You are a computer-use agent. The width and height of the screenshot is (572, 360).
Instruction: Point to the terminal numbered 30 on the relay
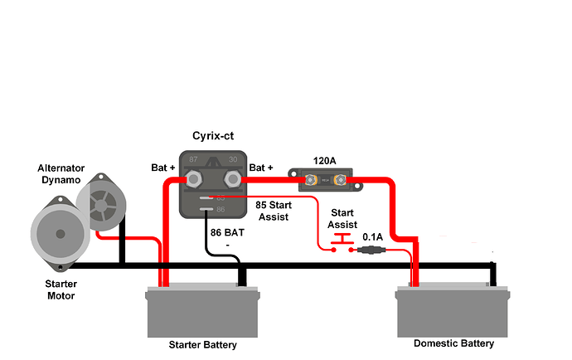[231, 178]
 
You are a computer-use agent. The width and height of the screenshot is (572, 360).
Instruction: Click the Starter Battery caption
[202, 345]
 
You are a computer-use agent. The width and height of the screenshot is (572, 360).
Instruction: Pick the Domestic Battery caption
[453, 343]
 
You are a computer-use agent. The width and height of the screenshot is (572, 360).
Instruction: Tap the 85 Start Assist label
[275, 211]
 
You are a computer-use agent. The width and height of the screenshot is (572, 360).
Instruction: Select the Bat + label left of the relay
[162, 168]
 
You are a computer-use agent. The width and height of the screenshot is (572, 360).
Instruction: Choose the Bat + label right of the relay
[263, 168]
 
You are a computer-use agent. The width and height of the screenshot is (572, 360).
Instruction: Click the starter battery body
[202, 313]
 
